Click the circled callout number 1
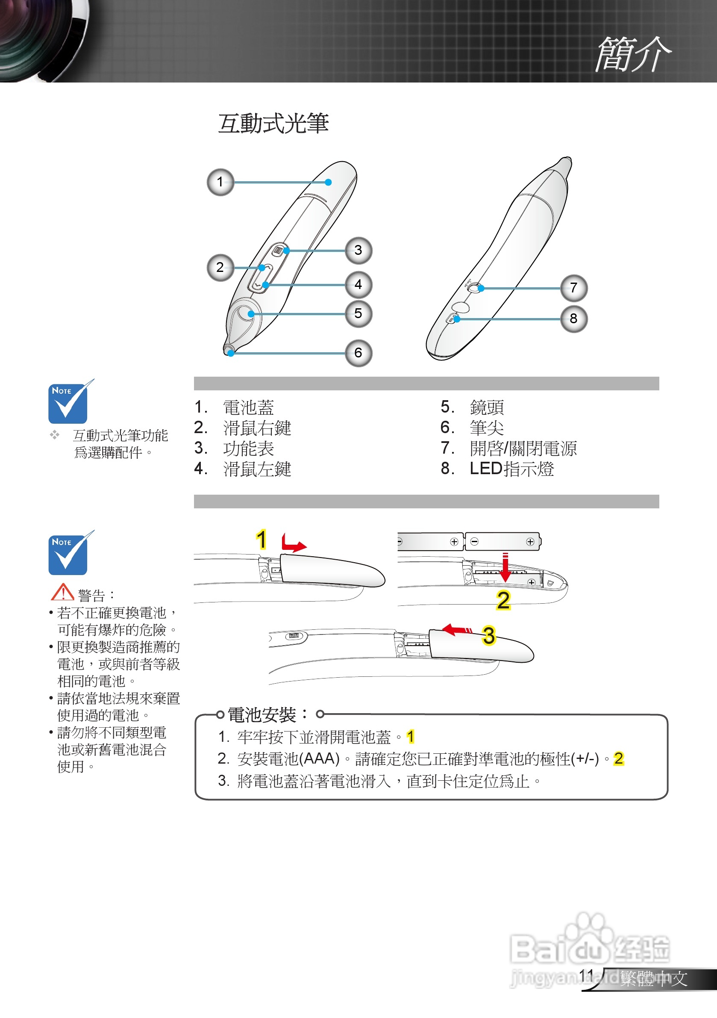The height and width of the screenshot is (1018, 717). (x=220, y=182)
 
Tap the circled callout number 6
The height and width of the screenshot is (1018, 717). (x=358, y=353)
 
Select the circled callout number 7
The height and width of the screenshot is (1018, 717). (x=573, y=288)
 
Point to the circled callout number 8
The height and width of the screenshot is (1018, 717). (x=573, y=319)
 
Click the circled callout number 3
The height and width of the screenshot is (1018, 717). (x=358, y=250)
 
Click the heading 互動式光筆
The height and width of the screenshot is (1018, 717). (x=273, y=123)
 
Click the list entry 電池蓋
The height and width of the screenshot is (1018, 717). (x=248, y=407)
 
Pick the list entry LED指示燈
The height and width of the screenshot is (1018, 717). (x=511, y=469)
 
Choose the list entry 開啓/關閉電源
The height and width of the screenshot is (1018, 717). (x=523, y=448)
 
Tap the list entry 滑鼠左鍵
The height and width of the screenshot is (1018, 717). (x=257, y=469)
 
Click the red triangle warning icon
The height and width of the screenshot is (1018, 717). (x=62, y=592)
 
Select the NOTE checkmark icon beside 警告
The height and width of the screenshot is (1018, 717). (x=69, y=553)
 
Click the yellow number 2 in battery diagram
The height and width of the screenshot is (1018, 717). (x=503, y=600)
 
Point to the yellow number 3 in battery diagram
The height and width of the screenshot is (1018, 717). (x=488, y=635)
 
